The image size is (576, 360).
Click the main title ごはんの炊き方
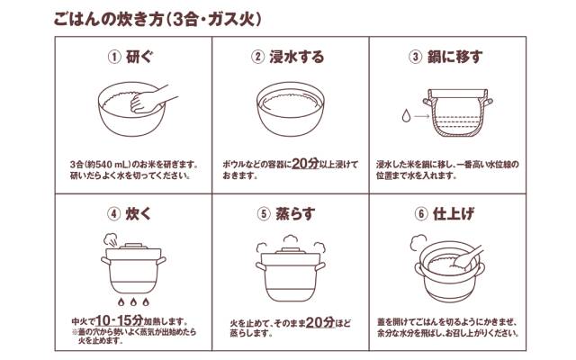108,20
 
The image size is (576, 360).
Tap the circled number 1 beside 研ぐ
114,58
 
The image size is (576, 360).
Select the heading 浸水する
297,57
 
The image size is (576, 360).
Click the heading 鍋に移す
454,57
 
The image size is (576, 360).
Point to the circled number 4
114,214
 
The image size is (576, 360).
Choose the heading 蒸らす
295,214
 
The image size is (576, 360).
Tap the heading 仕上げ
454,214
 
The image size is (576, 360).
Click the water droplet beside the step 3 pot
406,116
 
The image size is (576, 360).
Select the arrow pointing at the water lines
422,116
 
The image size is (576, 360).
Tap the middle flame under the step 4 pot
133,302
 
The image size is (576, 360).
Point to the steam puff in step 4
111,239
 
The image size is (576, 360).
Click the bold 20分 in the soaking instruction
305,164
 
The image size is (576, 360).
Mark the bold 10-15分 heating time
120,320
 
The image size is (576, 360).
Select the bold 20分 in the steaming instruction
320,322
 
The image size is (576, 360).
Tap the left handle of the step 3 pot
427,102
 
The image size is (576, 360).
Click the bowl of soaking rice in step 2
290,109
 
